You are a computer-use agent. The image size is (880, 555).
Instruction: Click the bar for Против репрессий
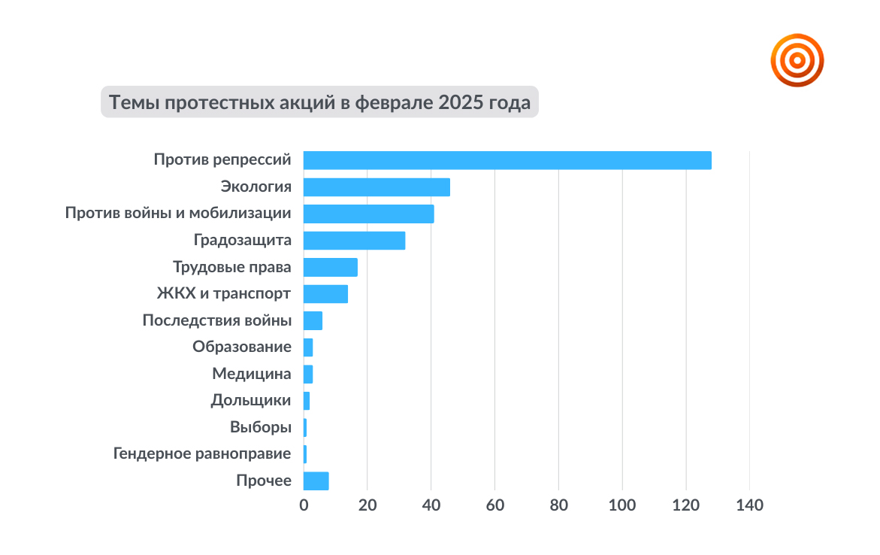[x=507, y=160]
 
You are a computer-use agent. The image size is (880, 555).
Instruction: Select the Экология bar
[x=376, y=187]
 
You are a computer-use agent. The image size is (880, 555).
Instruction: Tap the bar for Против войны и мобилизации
[x=369, y=214]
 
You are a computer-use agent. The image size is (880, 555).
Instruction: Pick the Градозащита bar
[x=354, y=241]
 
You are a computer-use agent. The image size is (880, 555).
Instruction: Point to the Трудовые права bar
[x=331, y=268]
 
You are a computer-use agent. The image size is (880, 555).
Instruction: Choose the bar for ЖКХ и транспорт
[x=325, y=294]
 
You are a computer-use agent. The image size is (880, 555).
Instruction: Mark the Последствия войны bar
[x=313, y=321]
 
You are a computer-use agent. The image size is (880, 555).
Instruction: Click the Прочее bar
[x=316, y=481]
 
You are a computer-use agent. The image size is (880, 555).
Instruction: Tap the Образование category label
[x=242, y=347]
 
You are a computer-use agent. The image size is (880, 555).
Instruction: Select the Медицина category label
[x=252, y=374]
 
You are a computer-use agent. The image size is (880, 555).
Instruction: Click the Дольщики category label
[x=251, y=401]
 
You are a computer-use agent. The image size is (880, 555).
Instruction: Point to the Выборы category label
[x=261, y=427]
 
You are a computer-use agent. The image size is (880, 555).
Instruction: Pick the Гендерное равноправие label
[x=202, y=453]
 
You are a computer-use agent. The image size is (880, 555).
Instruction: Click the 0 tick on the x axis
[x=304, y=505]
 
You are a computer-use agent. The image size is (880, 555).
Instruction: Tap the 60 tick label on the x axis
[x=495, y=505]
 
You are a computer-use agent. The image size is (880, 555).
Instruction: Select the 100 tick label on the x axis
[x=622, y=505]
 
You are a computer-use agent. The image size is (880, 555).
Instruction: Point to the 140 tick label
[x=750, y=505]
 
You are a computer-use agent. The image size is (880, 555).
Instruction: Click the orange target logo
[x=797, y=60]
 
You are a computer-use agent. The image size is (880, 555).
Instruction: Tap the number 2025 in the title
[x=461, y=102]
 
